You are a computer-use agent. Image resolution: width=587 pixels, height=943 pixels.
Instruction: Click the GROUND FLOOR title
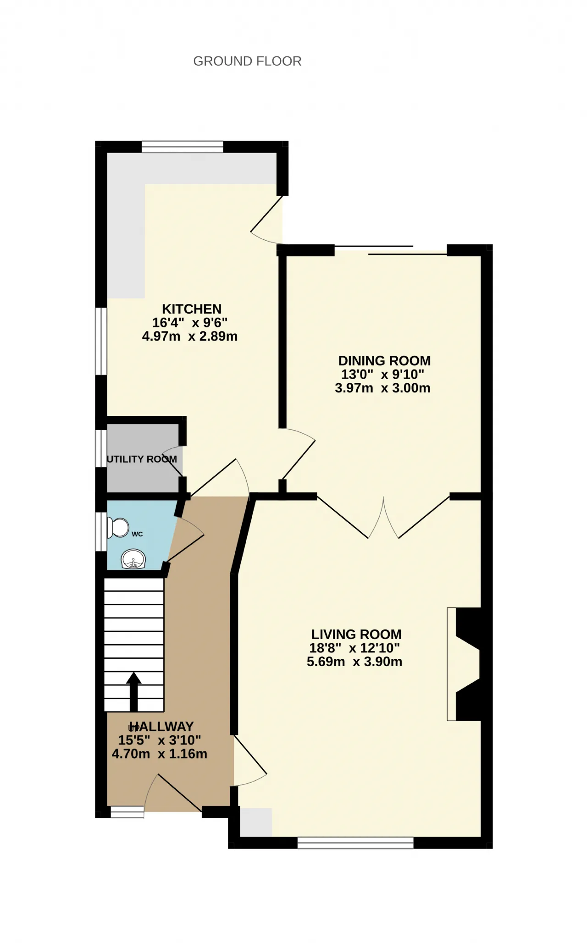point(247,61)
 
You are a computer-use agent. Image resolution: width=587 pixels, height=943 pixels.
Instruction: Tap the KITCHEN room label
point(192,309)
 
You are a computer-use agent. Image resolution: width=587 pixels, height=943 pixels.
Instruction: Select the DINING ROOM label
point(384,361)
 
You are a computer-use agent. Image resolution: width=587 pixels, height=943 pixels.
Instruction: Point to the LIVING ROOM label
point(356,634)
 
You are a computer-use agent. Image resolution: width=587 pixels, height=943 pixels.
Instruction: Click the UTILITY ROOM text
point(142,459)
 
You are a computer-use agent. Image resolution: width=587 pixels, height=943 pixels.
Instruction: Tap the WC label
point(137,534)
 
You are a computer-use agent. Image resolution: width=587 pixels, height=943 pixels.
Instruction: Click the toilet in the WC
point(118,528)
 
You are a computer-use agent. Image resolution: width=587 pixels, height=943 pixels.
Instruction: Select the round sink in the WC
point(133,559)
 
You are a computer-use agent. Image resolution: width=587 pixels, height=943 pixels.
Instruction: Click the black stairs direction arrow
point(133,692)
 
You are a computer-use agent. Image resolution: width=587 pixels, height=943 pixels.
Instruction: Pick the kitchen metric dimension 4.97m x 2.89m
point(190,336)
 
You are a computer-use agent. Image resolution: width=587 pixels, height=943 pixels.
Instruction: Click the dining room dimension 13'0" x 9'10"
point(382,375)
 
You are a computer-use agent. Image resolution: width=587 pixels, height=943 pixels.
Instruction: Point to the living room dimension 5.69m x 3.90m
point(354,662)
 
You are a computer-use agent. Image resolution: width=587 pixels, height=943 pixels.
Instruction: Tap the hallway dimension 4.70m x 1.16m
point(160,754)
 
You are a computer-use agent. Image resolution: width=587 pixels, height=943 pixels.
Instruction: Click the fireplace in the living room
point(464,664)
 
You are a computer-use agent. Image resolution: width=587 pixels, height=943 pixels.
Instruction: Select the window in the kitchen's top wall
point(183,147)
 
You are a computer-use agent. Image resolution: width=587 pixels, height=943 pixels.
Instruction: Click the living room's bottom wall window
point(355,843)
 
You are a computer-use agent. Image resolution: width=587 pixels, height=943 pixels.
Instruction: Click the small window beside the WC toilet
point(101,531)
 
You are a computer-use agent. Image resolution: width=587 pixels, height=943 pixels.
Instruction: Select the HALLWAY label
point(161,727)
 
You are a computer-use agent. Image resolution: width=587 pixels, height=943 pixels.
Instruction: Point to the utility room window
point(101,449)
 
